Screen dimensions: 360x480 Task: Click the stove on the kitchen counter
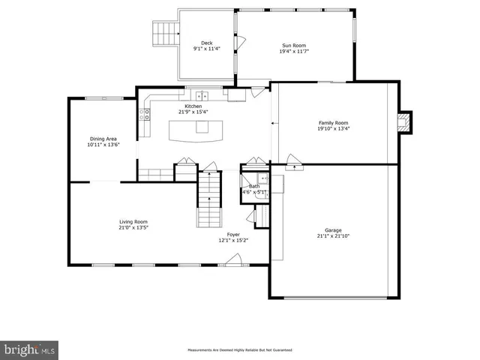pyautogui.click(x=145, y=115)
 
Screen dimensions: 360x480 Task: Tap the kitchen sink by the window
pyautogui.click(x=201, y=95)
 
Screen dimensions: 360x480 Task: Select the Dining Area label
pyautogui.click(x=103, y=139)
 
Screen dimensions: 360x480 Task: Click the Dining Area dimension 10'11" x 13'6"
pyautogui.click(x=103, y=145)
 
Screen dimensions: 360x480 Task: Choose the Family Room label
pyautogui.click(x=333, y=122)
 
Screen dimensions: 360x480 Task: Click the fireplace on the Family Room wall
pyautogui.click(x=404, y=122)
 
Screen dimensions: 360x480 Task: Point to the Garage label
pyautogui.click(x=333, y=230)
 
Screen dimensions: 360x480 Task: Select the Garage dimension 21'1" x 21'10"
pyautogui.click(x=333, y=236)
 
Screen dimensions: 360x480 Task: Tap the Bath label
pyautogui.click(x=254, y=186)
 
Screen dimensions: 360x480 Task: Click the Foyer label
pyautogui.click(x=233, y=235)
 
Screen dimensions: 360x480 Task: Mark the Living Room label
pyautogui.click(x=133, y=221)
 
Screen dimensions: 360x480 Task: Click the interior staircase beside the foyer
pyautogui.click(x=209, y=199)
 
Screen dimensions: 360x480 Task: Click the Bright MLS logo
pyautogui.click(x=30, y=349)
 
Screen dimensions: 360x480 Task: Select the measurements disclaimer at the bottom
pyautogui.click(x=239, y=350)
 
